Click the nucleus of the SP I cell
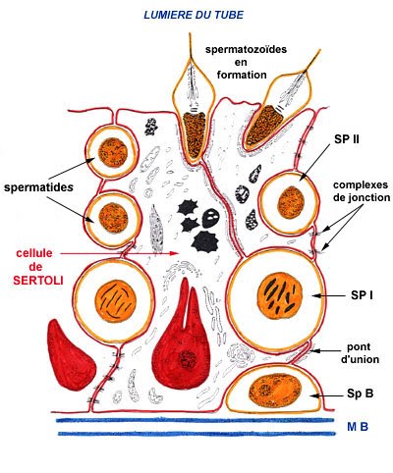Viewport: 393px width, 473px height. (x=283, y=296)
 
